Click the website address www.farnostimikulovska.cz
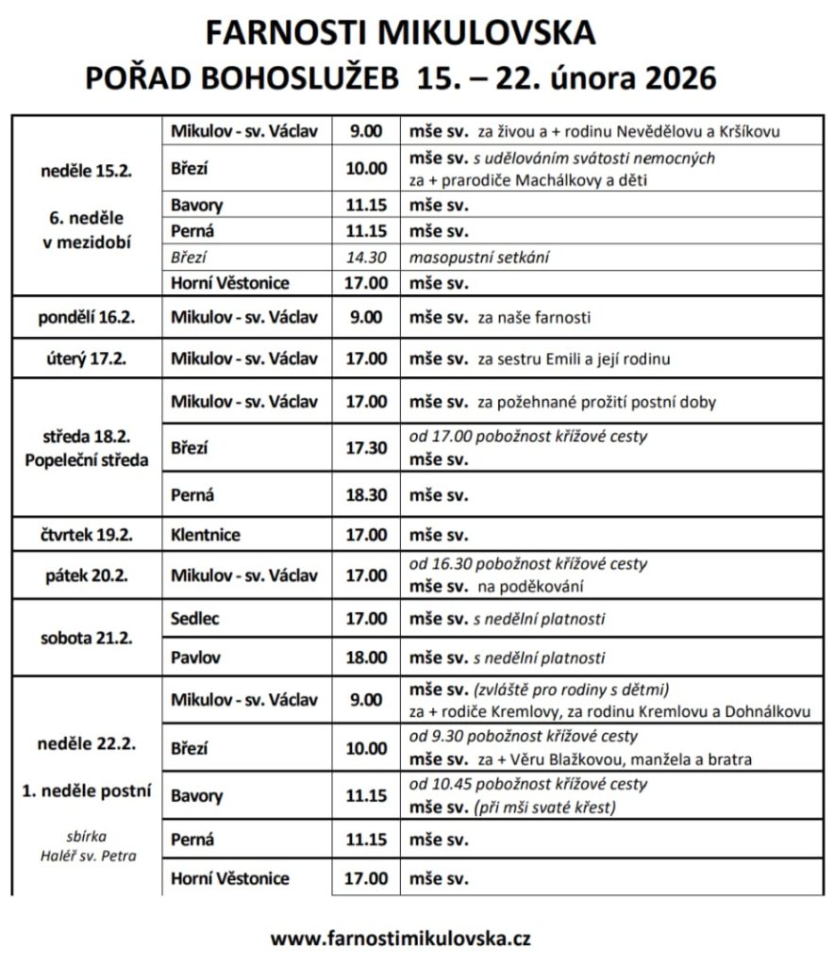(x=400, y=939)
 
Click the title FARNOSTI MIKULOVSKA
(x=400, y=33)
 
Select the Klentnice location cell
(x=206, y=535)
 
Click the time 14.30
(x=366, y=257)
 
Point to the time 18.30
(x=366, y=494)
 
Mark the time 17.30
(x=366, y=448)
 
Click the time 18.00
(x=366, y=658)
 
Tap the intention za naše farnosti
(x=534, y=318)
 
